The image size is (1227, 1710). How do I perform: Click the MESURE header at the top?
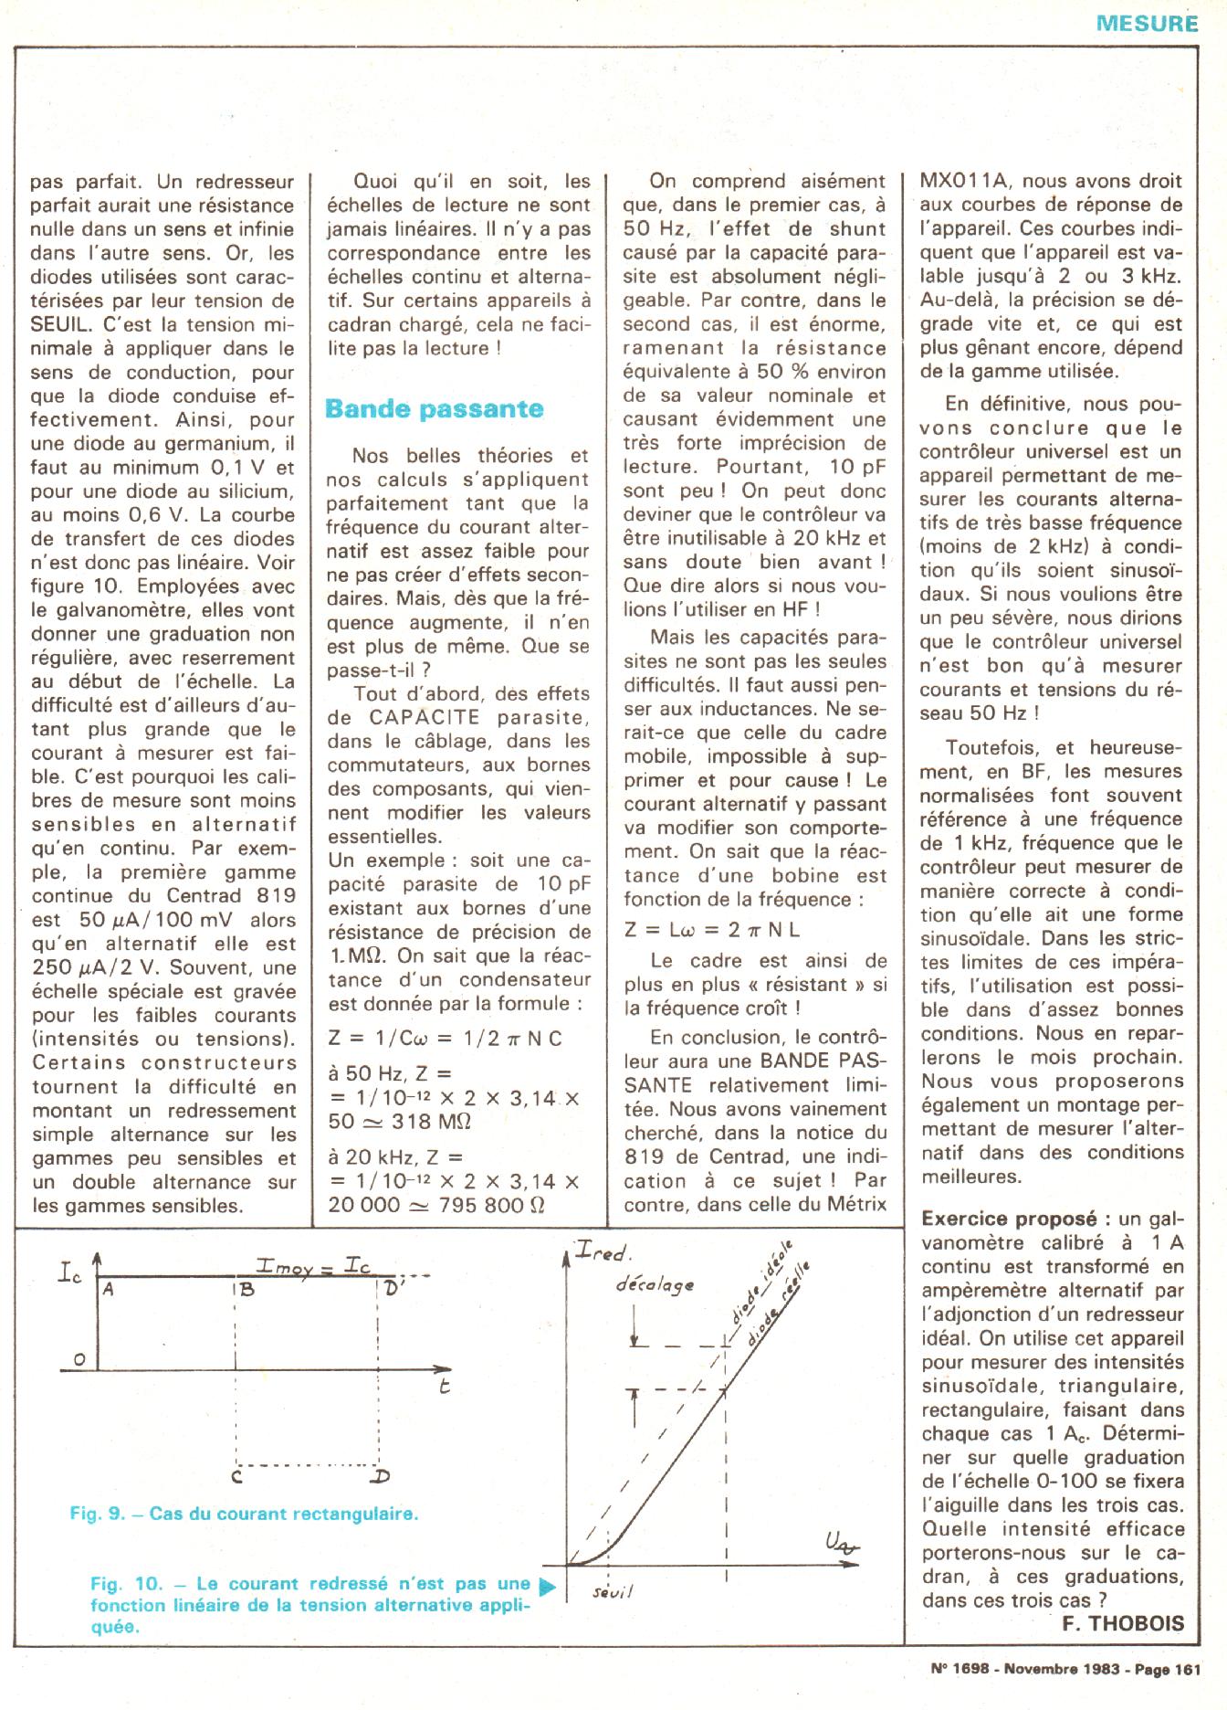[1147, 24]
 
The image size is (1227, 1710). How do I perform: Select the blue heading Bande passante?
[434, 408]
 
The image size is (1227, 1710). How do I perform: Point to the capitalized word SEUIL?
[60, 324]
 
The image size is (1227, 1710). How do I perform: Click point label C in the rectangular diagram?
[236, 1474]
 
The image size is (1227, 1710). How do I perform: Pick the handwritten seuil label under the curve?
[613, 1592]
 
